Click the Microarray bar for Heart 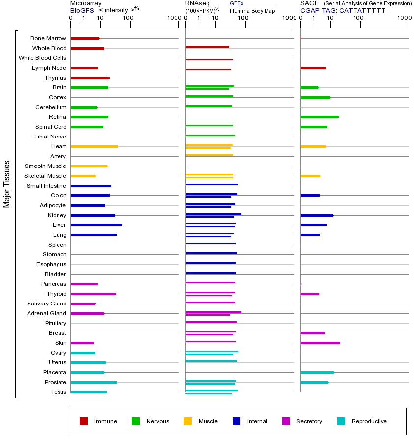(94, 146)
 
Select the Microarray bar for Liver (96, 225)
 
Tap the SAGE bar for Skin (320, 343)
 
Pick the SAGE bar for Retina (320, 117)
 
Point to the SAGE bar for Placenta (317, 372)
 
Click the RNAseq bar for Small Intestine (211, 185)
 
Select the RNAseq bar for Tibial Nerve (210, 135)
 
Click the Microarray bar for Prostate (93, 382)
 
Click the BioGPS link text (81, 10)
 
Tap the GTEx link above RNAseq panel (237, 3)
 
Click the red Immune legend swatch (84, 421)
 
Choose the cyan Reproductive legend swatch (341, 421)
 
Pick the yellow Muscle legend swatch (188, 421)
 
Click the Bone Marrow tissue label (48, 38)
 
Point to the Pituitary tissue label (56, 323)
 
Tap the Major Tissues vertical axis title (7, 184)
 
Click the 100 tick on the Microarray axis (128, 18)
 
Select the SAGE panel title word (310, 3)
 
